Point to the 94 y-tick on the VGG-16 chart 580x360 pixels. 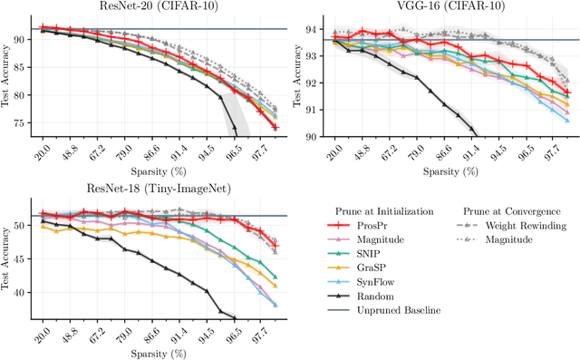coord(312,29)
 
